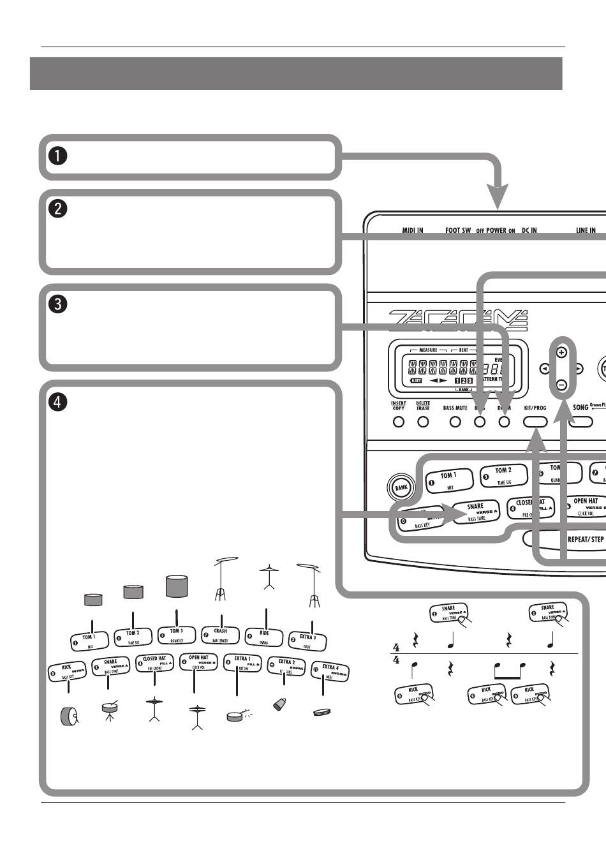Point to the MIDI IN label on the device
pos(412,230)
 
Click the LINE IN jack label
pos(586,230)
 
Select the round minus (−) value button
pos(561,385)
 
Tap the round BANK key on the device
pos(401,487)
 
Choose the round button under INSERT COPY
pos(399,422)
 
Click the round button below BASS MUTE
pos(455,422)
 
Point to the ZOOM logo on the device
pos(458,319)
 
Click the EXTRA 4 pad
pos(330,671)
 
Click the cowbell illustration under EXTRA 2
pos(279,704)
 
